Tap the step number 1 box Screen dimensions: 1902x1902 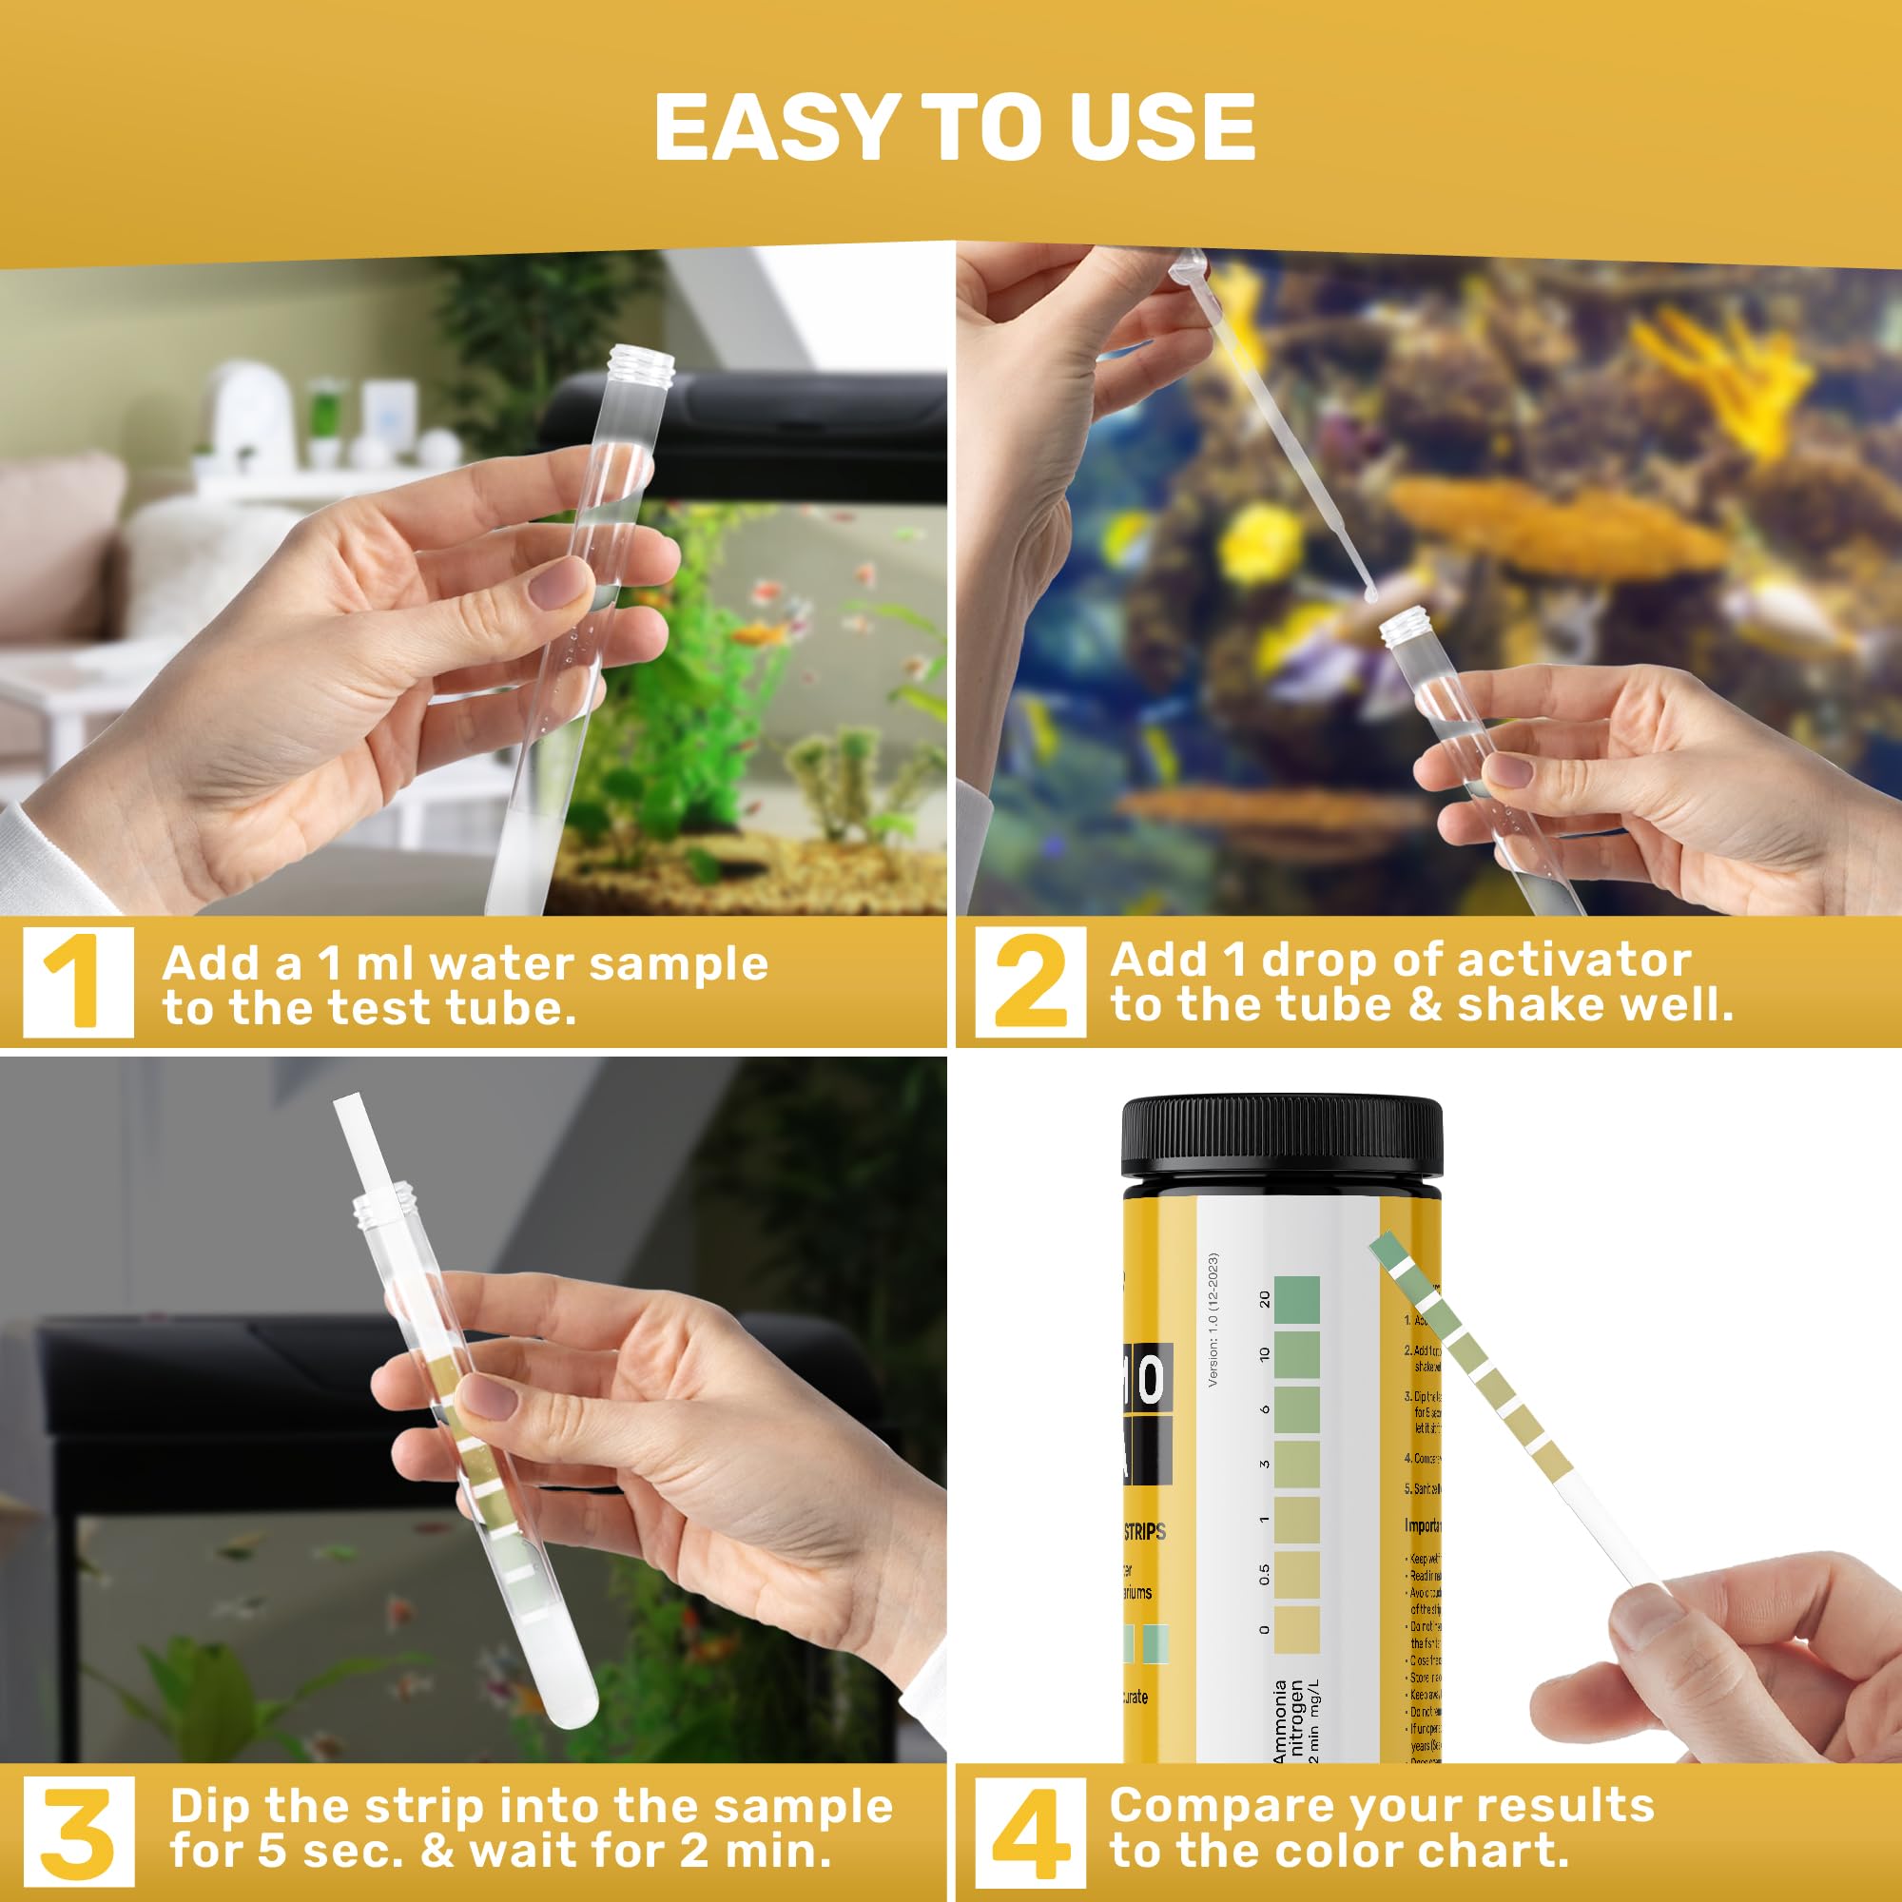pyautogui.click(x=79, y=981)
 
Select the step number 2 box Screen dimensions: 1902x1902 pyautogui.click(x=1030, y=981)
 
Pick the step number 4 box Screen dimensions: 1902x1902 pyautogui.click(x=1030, y=1829)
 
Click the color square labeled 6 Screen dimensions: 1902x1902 pyautogui.click(x=1296, y=1408)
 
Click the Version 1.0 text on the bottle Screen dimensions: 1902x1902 pyautogui.click(x=1213, y=1319)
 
